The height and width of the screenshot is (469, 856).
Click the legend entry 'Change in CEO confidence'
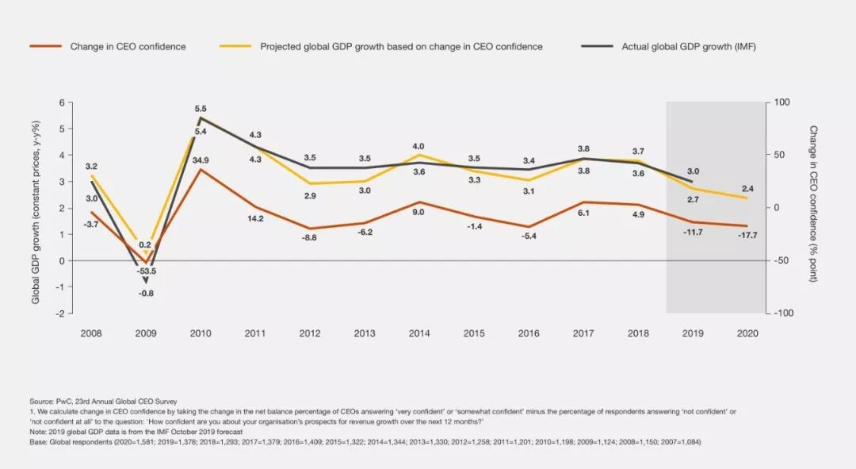pos(128,47)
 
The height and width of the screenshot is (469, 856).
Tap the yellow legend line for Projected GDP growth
pos(235,47)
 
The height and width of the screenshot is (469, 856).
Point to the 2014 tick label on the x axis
pos(419,333)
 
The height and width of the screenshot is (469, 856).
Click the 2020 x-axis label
pos(747,333)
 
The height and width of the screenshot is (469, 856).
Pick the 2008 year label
pos(91,333)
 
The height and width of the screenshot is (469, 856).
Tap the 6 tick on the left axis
pos(61,102)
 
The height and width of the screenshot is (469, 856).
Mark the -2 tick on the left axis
pos(59,313)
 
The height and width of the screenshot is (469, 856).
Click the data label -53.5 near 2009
pos(145,271)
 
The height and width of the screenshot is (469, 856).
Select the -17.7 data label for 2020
pos(747,235)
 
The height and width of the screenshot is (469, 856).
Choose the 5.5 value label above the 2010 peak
pos(201,109)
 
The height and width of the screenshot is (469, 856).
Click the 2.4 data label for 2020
pos(747,188)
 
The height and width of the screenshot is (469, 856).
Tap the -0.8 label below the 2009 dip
pos(145,294)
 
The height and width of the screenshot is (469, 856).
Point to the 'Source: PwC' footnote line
pos(103,402)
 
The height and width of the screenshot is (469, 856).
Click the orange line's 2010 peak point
pos(201,169)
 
